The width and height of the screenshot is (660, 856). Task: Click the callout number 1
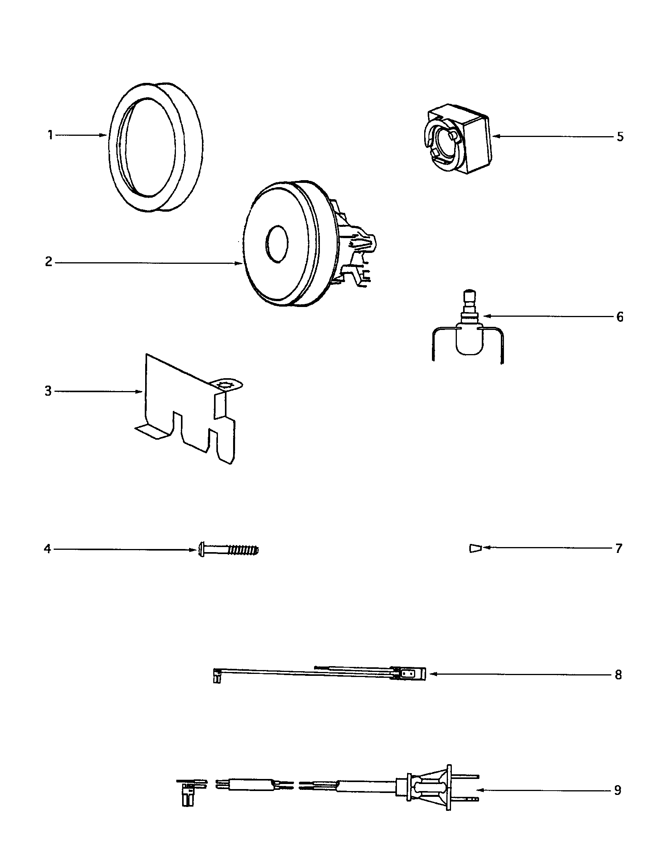point(50,136)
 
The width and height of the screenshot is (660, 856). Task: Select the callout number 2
point(49,262)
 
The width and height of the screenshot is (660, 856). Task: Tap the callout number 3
point(48,391)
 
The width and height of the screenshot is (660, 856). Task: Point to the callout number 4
point(47,549)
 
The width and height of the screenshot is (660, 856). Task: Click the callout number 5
point(620,137)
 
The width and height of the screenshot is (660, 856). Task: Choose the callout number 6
point(620,317)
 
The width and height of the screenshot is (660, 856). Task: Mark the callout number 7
point(618,548)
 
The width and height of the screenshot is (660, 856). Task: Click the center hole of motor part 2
point(277,244)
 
